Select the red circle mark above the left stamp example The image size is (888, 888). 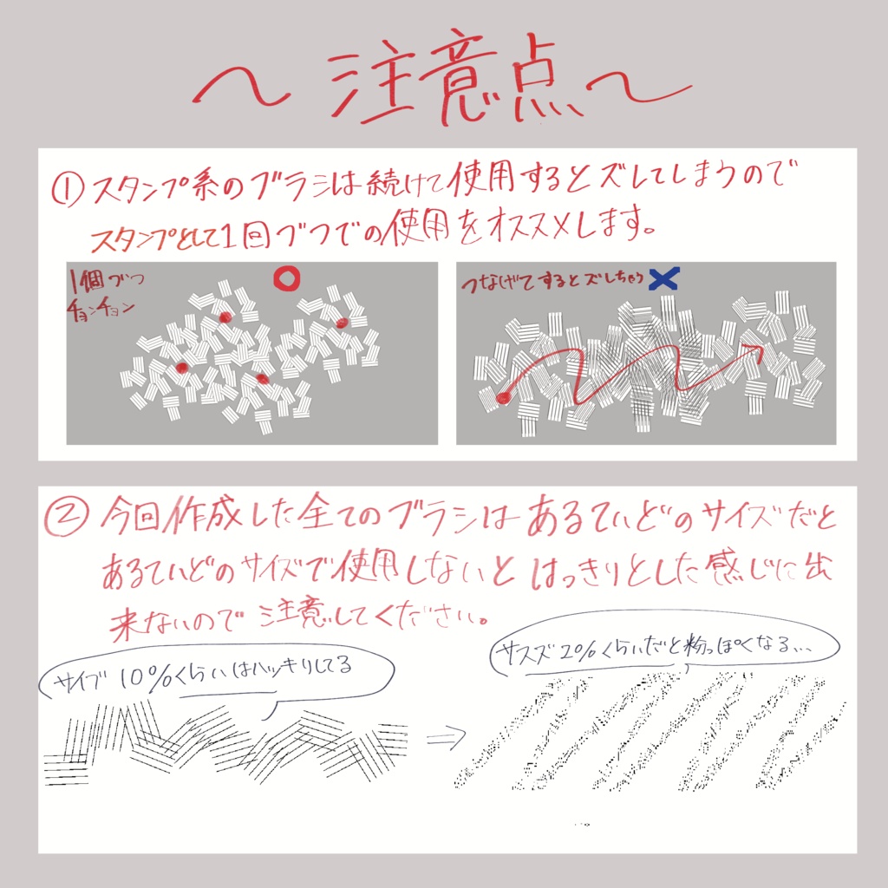(286, 278)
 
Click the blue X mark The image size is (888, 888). (664, 278)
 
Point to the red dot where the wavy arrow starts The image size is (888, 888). (502, 397)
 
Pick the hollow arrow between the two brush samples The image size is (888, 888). (444, 738)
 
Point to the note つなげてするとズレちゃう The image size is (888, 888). (555, 279)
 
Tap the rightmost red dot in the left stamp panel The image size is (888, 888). (342, 323)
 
